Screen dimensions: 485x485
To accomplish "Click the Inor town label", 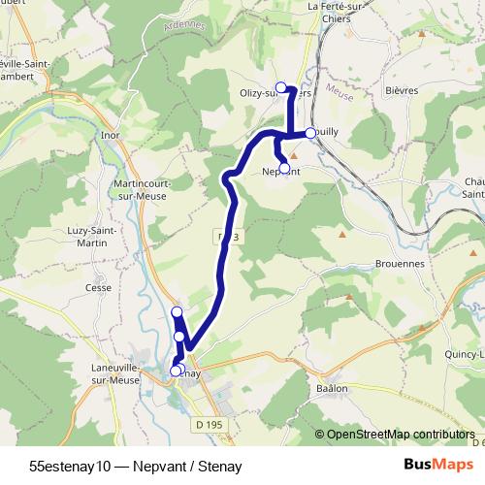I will (x=110, y=135).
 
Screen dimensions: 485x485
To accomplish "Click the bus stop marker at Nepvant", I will (x=284, y=168).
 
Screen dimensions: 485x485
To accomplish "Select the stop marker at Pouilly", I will (x=310, y=133).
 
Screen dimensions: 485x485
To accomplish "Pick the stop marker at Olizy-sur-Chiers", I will (x=281, y=88).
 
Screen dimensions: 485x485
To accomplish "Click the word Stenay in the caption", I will (x=219, y=466).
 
